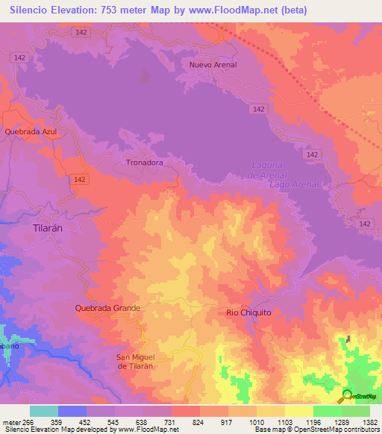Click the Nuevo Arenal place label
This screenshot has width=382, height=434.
pyautogui.click(x=213, y=65)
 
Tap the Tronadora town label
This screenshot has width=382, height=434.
pyautogui.click(x=144, y=161)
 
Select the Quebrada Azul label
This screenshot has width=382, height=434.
pyautogui.click(x=31, y=131)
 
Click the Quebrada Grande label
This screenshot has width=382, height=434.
pyautogui.click(x=107, y=307)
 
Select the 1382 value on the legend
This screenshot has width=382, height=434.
pyautogui.click(x=370, y=421)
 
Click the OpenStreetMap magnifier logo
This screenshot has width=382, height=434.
pyautogui.click(x=346, y=394)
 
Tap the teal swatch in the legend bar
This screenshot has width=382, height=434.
pyautogui.click(x=44, y=411)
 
